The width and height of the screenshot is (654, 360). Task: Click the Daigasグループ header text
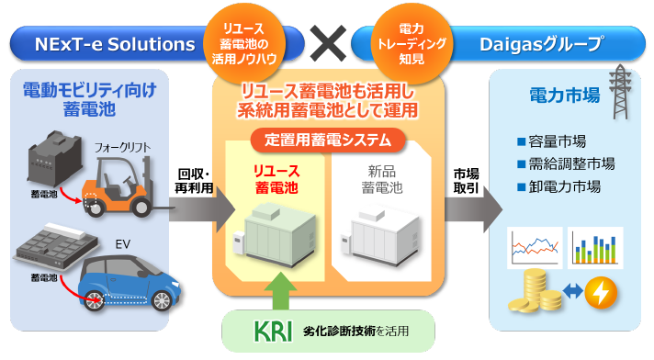pos(542,44)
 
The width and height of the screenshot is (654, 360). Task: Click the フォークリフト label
pos(121,146)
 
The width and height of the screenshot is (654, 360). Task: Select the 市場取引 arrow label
pos(466,181)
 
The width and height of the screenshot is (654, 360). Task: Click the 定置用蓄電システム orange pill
pos(329,141)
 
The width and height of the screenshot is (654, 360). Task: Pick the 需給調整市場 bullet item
pos(566,164)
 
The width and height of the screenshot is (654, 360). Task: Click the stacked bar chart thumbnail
pos(596,246)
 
